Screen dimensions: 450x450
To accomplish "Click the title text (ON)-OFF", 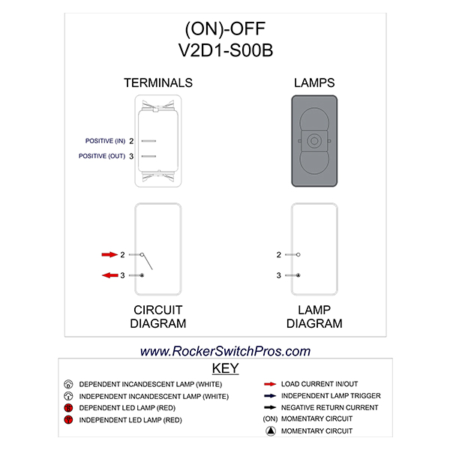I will point(225,29).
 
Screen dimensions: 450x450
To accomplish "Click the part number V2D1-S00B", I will point(225,51).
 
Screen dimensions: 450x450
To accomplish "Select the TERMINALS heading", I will point(158,82).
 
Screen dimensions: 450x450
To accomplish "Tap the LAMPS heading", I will point(315,82).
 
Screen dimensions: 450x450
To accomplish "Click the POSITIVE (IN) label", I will point(105,141).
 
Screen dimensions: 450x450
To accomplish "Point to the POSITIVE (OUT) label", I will point(102,156).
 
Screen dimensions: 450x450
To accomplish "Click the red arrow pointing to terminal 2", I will point(109,255).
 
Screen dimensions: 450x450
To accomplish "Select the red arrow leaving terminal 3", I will point(109,275).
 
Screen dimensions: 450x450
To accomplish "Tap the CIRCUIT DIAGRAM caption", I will point(158,316).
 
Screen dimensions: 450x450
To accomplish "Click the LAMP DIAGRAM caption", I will point(315,316).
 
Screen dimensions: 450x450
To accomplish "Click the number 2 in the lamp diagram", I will point(278,255).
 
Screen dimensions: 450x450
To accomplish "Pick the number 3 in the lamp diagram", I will point(278,275).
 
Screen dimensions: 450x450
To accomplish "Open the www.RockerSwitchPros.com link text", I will point(225,350).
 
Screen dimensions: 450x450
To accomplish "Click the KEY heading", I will point(225,368).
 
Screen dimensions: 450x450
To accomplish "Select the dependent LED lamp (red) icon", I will point(68,408).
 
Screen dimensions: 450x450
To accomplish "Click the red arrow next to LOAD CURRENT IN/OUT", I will point(268,382).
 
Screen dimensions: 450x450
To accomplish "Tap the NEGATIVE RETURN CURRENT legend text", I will point(331,407).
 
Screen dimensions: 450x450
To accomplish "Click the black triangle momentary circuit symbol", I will point(268,431).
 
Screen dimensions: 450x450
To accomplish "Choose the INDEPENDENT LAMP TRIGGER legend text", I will point(331,395).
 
